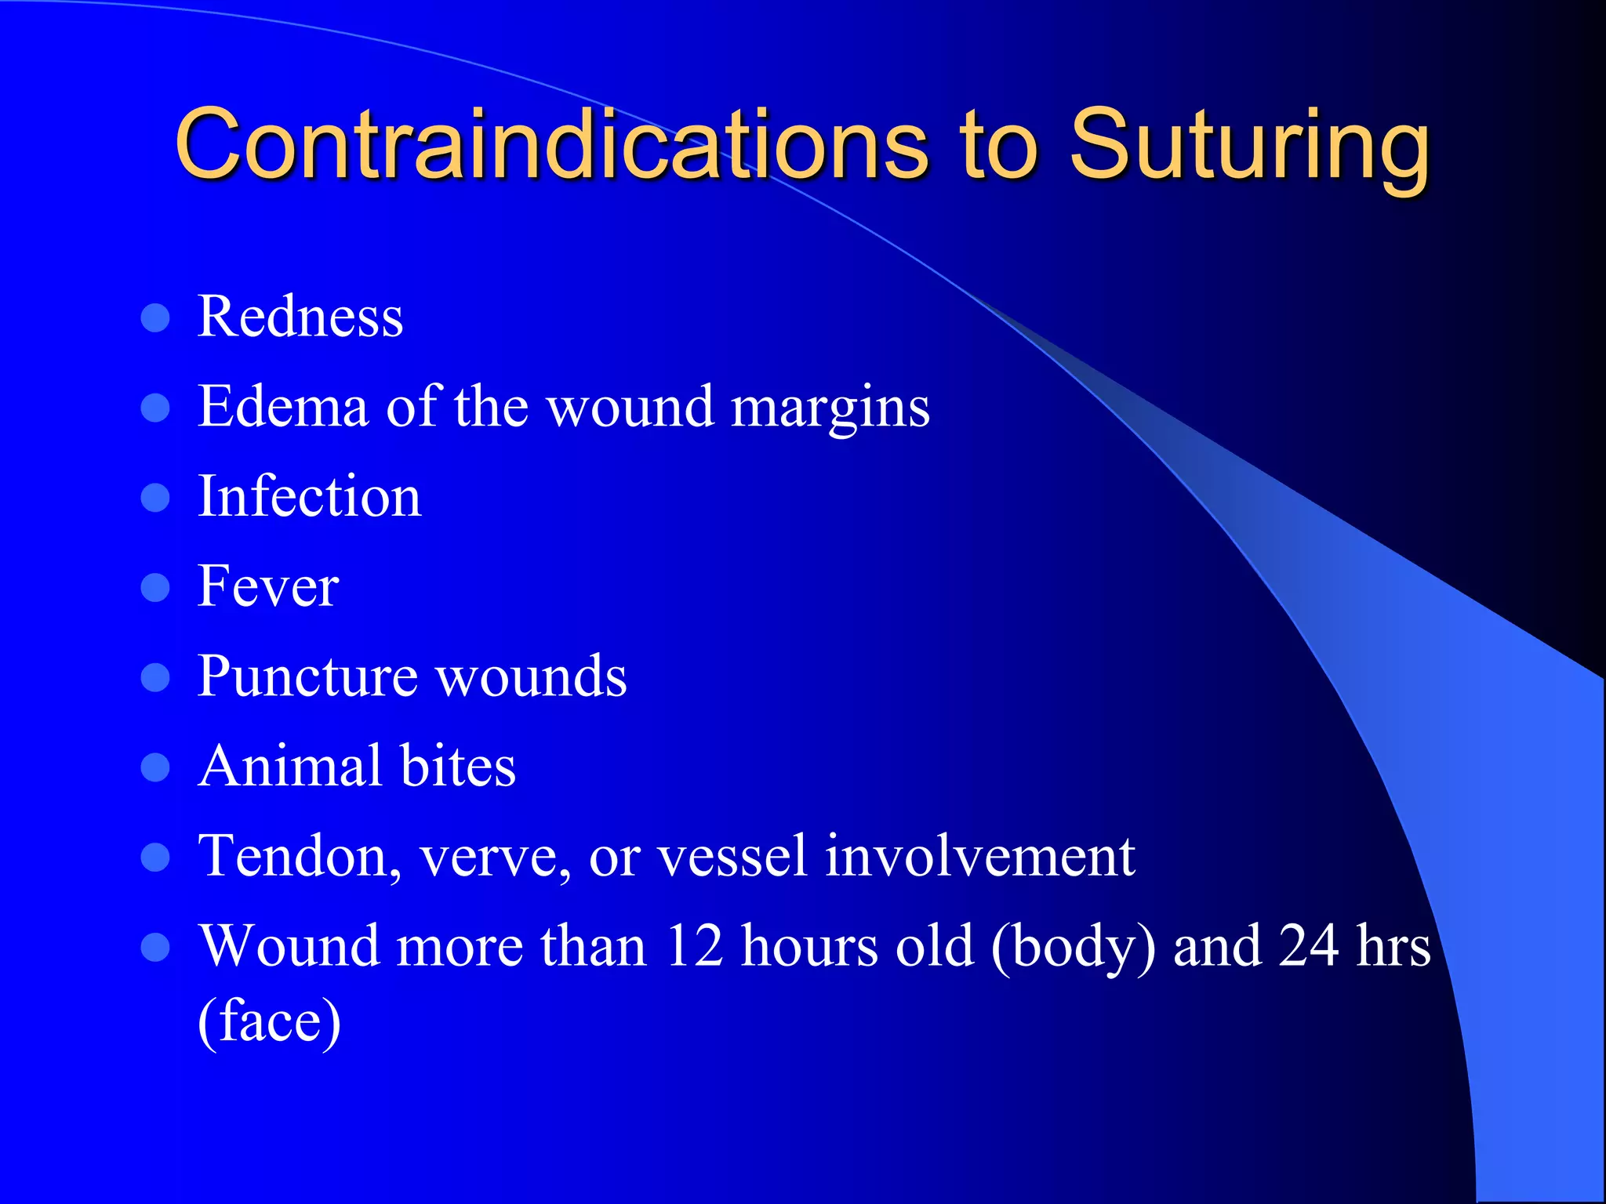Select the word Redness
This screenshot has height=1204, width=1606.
click(300, 317)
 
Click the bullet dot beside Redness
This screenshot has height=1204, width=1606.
click(155, 318)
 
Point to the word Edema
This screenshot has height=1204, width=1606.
click(283, 407)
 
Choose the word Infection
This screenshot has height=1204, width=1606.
click(310, 497)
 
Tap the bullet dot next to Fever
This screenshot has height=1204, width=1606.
click(155, 588)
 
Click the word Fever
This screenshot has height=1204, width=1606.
click(268, 586)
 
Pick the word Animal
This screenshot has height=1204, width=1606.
click(289, 766)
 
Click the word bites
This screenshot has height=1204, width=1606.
click(458, 766)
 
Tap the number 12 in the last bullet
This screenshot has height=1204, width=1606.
click(694, 946)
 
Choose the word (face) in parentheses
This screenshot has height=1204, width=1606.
click(269, 1021)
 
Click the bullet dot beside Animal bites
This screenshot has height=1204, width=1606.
click(155, 767)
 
